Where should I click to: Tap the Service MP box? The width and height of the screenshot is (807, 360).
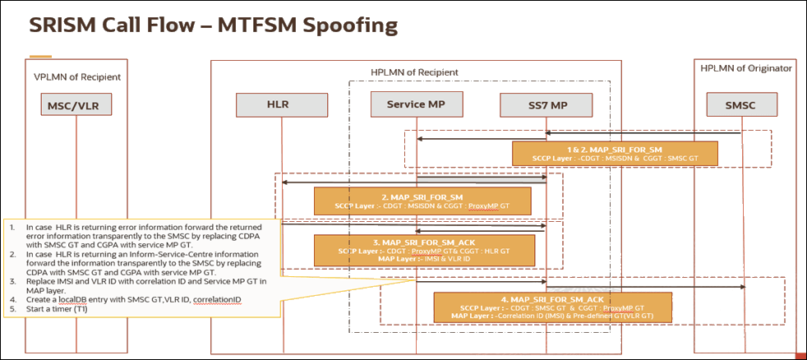coord(417,105)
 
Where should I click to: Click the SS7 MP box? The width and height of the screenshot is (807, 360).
coord(546,105)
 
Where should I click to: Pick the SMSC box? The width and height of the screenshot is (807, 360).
coord(741,105)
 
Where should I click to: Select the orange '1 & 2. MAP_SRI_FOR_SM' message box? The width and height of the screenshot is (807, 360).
coord(615,154)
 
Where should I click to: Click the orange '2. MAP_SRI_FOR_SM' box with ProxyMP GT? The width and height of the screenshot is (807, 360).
coord(422,201)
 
